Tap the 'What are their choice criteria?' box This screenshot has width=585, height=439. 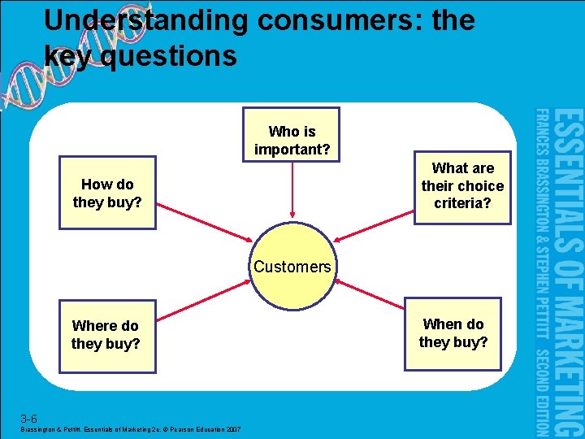(x=462, y=186)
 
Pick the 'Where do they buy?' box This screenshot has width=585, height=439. (x=106, y=335)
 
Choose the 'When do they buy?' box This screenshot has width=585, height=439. (x=453, y=333)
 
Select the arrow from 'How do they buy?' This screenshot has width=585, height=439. (x=203, y=219)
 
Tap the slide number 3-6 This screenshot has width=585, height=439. (x=28, y=419)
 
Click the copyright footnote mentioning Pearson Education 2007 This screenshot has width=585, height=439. (x=130, y=429)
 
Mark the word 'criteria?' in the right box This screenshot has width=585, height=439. (x=462, y=203)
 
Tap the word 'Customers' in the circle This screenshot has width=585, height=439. (x=292, y=267)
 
